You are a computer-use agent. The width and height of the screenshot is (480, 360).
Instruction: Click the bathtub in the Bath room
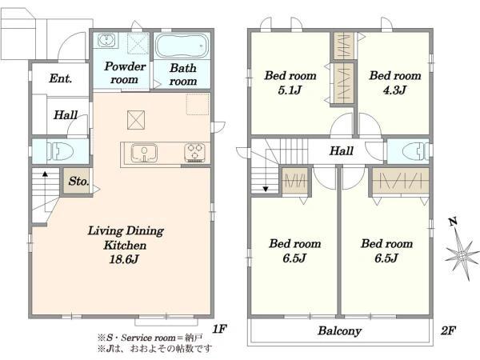182,46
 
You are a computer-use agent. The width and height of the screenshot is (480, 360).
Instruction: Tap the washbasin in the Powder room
106,40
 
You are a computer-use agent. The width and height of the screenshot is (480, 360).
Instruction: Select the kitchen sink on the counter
144,153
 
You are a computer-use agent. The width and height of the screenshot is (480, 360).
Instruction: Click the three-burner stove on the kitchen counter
194,152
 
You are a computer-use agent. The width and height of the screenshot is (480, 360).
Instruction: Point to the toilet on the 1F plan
60,151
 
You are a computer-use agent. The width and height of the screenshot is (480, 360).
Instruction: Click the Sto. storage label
78,182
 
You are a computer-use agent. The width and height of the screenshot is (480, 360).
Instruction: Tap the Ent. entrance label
61,78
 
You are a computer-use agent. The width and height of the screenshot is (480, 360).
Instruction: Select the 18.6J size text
124,259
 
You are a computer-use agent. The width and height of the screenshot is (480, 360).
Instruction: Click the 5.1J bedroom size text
290,90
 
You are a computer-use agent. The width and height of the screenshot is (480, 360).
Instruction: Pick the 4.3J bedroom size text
394,90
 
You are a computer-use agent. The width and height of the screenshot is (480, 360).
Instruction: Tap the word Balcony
339,331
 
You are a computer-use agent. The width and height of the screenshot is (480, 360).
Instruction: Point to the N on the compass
454,222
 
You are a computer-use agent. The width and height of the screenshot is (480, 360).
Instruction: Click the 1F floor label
219,329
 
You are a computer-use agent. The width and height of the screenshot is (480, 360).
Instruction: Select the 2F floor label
448,330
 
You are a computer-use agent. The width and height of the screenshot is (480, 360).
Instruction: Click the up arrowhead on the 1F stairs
45,174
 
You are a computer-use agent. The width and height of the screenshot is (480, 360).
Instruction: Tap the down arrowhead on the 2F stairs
266,189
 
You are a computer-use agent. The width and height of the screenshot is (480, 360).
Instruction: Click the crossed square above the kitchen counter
136,120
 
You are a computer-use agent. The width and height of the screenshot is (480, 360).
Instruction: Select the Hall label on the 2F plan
342,150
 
